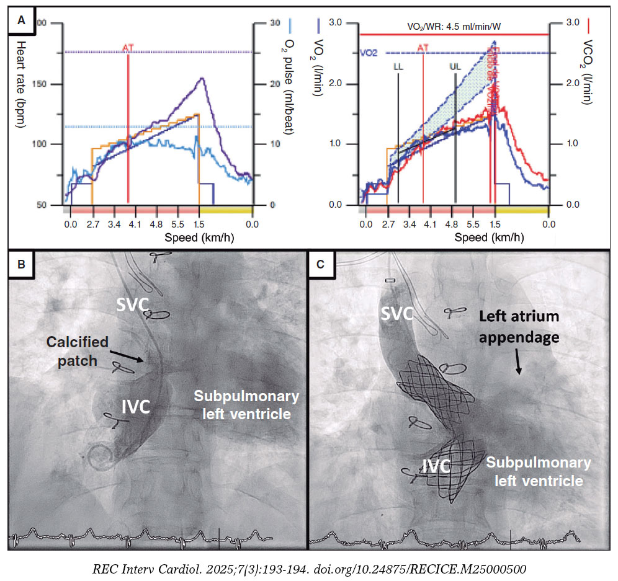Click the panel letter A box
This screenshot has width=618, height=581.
pyautogui.click(x=22, y=20)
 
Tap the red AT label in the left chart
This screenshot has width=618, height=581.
pyautogui.click(x=128, y=47)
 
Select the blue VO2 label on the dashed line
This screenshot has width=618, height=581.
pyautogui.click(x=369, y=54)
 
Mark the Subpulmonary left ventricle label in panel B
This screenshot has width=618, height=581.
pyautogui.click(x=246, y=405)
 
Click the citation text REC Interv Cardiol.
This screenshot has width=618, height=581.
pyautogui.click(x=309, y=567)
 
